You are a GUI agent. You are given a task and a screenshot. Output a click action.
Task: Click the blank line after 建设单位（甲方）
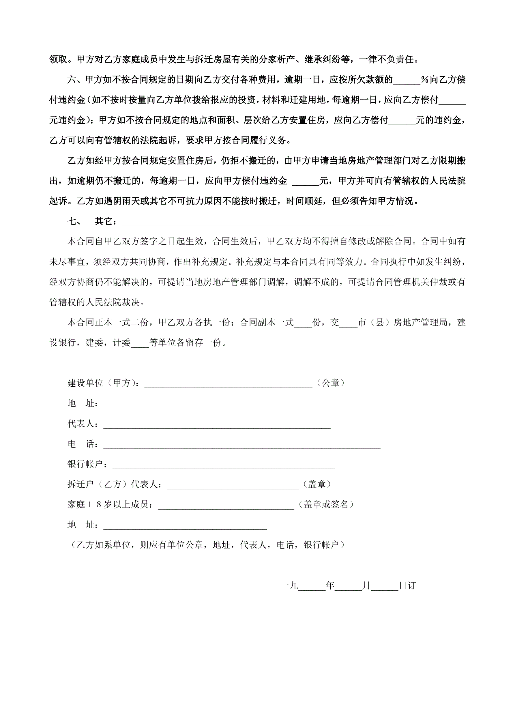pos(228,384)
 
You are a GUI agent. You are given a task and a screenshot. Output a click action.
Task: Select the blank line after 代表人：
pos(217,425)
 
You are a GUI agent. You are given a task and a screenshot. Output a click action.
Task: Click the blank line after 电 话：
pos(242,445)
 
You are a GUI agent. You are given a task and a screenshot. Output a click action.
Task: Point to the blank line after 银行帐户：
pos(224,465)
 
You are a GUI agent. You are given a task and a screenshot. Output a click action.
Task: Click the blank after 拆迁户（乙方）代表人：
pos(233,486)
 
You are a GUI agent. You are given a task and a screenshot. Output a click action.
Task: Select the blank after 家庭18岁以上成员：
pos(226,506)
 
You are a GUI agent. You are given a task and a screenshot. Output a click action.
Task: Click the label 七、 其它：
pos(92,221)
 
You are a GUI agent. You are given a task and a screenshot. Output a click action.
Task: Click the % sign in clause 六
pos(425,80)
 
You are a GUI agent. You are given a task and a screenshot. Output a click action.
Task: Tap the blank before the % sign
pos(407,81)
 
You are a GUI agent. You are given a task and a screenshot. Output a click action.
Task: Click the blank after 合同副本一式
pos(303,324)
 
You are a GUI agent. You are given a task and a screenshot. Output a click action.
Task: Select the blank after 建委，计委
pos(140,344)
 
